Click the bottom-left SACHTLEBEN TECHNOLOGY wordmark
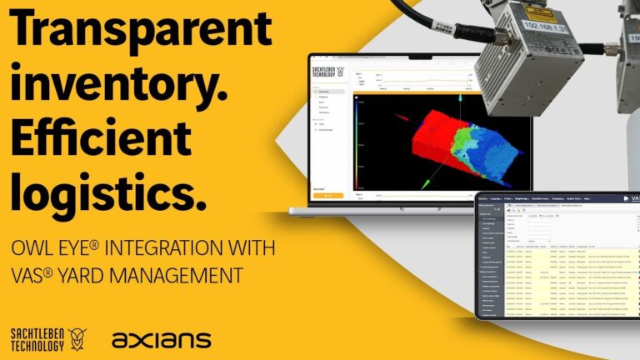(x=34, y=339)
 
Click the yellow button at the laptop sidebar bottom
(x=327, y=196)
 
